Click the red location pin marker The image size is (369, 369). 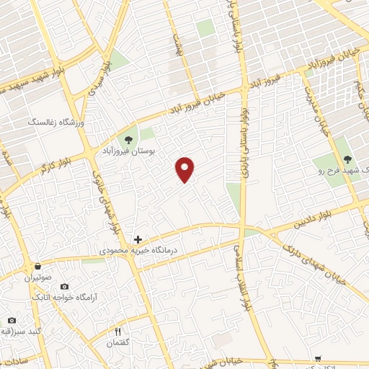click(x=185, y=169)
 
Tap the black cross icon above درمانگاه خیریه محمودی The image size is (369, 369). click(x=138, y=239)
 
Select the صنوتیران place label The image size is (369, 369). click(x=40, y=277)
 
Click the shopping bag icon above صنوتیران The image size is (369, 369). click(x=37, y=266)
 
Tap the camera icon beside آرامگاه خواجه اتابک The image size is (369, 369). click(x=64, y=286)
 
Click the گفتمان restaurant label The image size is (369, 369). click(x=119, y=343)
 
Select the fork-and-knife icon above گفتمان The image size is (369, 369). click(x=118, y=332)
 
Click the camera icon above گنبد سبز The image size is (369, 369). click(x=12, y=320)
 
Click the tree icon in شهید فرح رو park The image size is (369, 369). click(x=348, y=159)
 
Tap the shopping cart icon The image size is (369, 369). click(x=318, y=358)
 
